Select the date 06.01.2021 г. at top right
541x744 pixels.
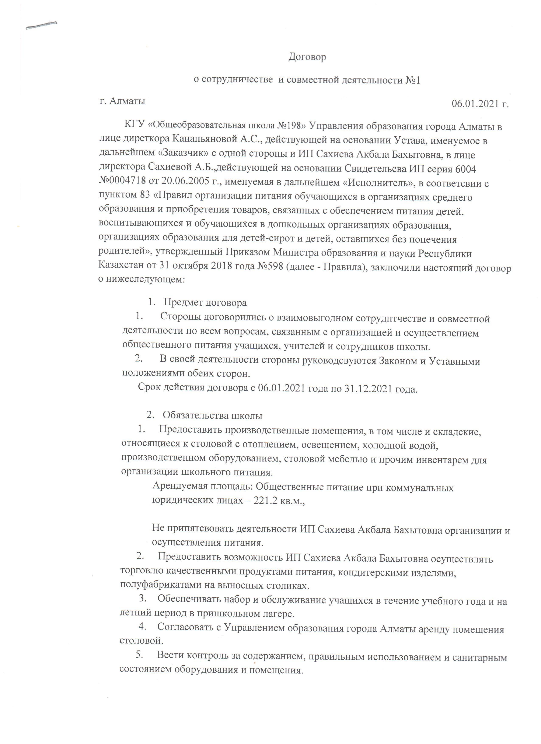pos(480,104)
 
